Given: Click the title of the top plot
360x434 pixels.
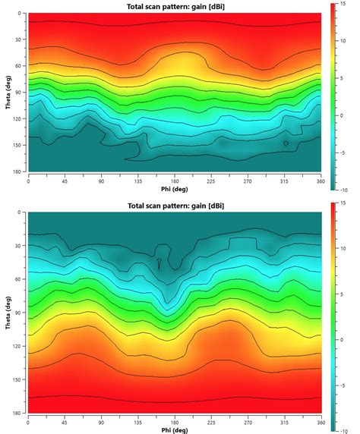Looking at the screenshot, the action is point(175,6).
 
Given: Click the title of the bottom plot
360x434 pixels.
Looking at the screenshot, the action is point(175,206).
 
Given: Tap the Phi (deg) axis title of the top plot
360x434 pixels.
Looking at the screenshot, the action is point(175,189).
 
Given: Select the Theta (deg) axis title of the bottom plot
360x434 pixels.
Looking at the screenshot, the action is point(8,313).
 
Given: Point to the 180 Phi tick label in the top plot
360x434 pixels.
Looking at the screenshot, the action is point(175,181).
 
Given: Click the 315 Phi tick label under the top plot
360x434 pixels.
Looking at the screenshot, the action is point(284,181).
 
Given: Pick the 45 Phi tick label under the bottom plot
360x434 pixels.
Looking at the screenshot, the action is point(65,423).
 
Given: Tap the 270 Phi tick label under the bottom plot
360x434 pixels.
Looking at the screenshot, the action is point(248,423).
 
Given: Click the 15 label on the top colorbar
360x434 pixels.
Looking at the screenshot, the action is point(343,4).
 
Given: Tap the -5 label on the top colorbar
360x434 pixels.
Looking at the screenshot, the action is point(343,153).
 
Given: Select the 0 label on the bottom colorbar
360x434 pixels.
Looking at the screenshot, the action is point(342,340).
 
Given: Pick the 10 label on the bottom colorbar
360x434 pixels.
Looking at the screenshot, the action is point(343,249).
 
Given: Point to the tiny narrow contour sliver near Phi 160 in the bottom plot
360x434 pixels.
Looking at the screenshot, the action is point(159,264).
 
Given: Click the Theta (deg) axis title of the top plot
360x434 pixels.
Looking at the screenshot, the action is point(8,92).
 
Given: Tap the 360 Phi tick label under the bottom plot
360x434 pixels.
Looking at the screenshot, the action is point(321,423).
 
